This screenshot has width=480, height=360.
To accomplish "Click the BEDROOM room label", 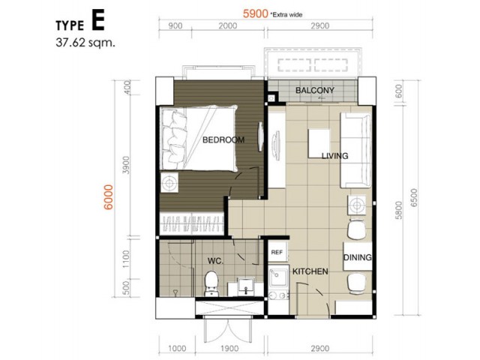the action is click(223, 140).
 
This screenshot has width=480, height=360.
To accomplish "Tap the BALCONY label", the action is click(315, 90).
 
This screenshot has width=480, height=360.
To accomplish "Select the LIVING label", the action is click(335, 156).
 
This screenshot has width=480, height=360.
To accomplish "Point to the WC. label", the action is click(215, 261).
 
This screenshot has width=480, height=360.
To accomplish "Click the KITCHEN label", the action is click(310, 271).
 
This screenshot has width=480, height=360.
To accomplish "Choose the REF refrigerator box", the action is click(277, 252).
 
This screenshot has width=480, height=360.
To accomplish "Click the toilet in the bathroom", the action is click(211, 283).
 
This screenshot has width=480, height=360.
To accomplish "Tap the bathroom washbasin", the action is click(246, 286).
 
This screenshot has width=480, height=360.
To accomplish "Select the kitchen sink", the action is click(278, 277).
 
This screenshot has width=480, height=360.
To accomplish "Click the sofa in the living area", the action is click(356, 151).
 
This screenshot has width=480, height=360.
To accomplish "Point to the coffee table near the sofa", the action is click(319, 143).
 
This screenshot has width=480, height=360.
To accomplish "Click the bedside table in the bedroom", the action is click(169, 183).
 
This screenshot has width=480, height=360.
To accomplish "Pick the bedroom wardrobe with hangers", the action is click(192, 223).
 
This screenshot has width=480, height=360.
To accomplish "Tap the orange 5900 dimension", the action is click(256, 13).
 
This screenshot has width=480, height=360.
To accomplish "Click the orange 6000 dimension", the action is click(108, 197).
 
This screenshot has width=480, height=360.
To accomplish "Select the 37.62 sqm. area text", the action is click(85, 43).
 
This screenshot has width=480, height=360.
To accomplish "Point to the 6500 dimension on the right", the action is click(413, 198).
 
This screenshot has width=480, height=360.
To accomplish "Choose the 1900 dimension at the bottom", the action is click(229, 348).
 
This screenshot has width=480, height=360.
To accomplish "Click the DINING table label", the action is click(358, 257).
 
